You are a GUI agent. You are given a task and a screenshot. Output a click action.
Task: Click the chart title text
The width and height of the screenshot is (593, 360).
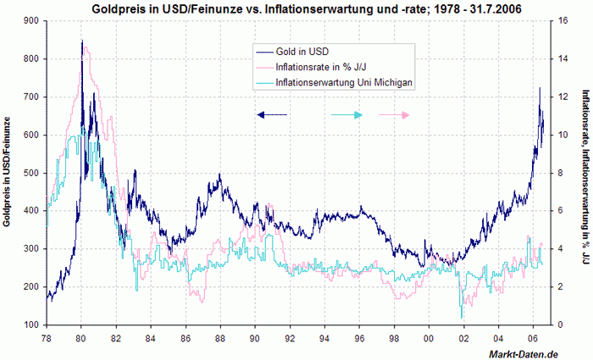301,8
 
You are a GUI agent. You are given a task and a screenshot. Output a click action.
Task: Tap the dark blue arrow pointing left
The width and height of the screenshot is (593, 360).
272,114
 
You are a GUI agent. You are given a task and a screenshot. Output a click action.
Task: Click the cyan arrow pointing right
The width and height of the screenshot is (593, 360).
347,114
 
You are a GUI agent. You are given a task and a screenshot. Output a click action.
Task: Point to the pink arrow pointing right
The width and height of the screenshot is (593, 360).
395,114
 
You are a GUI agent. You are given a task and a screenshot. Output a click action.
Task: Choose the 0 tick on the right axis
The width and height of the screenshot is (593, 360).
570,325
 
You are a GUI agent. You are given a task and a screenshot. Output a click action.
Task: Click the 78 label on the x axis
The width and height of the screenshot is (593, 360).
45,339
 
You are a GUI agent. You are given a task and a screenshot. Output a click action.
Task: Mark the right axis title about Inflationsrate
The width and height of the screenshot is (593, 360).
585,173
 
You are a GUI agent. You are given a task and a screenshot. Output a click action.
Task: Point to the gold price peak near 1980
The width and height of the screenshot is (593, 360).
82,42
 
